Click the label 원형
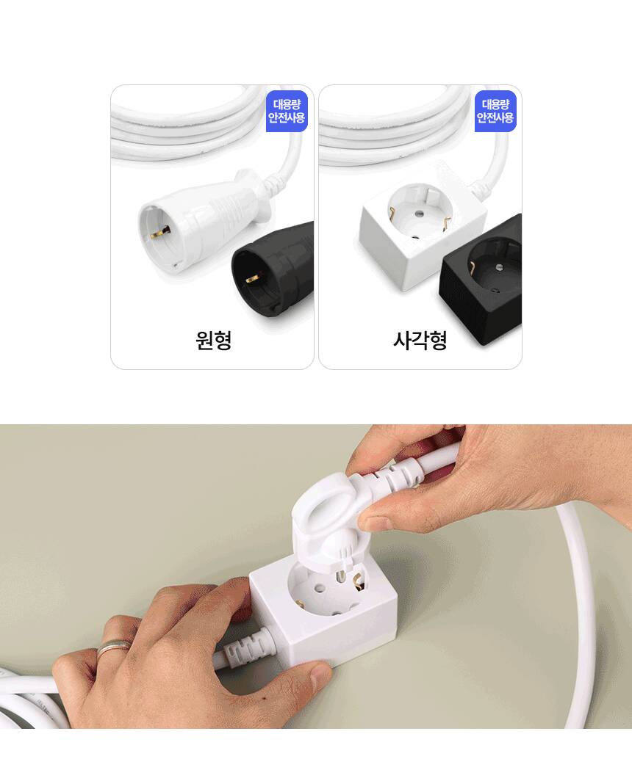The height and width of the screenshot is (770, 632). pyautogui.click(x=213, y=340)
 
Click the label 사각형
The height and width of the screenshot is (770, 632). pyautogui.click(x=420, y=340)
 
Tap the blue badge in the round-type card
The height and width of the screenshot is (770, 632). pyautogui.click(x=287, y=111)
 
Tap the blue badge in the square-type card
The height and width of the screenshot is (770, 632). pyautogui.click(x=495, y=111)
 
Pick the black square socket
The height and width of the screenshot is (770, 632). pyautogui.click(x=481, y=280)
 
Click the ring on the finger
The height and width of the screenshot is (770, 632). pyautogui.click(x=114, y=647)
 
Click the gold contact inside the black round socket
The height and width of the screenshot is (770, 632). pyautogui.click(x=252, y=279)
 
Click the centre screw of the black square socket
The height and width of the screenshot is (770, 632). pyautogui.click(x=500, y=268)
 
